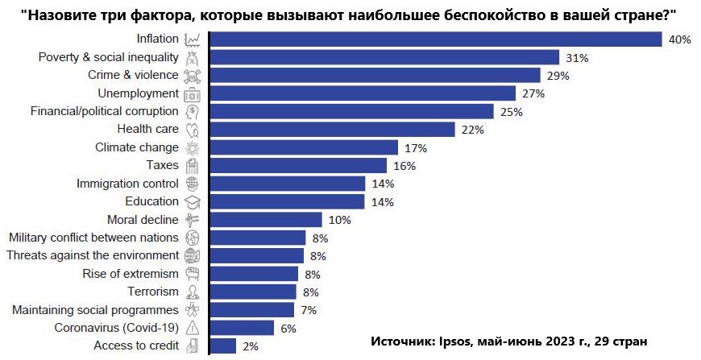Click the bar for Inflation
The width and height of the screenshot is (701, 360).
pos(435,39)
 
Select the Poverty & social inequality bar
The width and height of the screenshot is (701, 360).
pos(384,57)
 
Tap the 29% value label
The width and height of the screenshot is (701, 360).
pos(558,76)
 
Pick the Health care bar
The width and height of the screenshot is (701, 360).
pos(332,130)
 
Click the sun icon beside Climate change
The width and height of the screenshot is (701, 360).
pos(193,147)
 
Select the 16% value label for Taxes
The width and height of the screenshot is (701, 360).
pos(404,166)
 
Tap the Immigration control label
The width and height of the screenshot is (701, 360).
pos(127,184)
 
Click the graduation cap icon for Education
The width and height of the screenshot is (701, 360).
pos(193,201)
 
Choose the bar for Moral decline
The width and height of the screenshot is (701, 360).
pos(266,220)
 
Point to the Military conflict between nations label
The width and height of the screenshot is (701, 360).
pos(92,238)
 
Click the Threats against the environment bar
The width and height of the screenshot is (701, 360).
pos(257,255)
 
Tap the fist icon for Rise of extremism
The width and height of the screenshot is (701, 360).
pos(193,274)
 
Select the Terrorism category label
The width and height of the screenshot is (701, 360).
pos(153,292)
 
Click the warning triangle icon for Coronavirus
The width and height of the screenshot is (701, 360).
pos(193,328)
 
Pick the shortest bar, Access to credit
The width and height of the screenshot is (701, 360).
pos(223,346)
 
